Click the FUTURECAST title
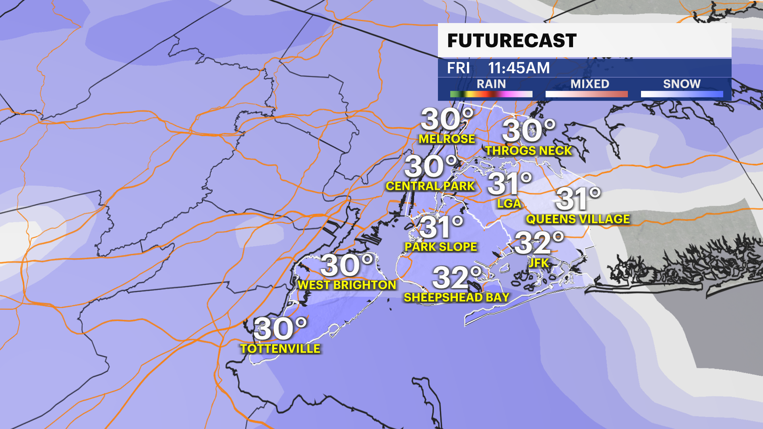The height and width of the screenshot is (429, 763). click(x=512, y=41)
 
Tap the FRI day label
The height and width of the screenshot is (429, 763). click(x=458, y=68)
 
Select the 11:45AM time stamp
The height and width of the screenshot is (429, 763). click(x=519, y=68)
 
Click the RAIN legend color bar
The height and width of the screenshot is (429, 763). click(x=491, y=94)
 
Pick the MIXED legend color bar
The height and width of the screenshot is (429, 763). click(x=587, y=94)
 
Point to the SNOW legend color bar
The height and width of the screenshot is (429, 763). click(x=682, y=94)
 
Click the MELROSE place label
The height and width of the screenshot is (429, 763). click(x=447, y=139)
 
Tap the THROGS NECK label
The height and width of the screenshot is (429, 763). click(x=529, y=151)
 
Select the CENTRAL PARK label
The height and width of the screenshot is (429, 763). click(x=430, y=186)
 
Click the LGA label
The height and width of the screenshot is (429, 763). click(x=509, y=204)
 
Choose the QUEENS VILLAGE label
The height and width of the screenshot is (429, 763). click(x=578, y=219)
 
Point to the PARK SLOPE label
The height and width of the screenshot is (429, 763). click(x=441, y=247)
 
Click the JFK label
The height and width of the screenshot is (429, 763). click(x=539, y=263)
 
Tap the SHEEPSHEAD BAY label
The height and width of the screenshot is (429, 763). click(x=457, y=297)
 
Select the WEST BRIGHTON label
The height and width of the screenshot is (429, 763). click(x=347, y=285)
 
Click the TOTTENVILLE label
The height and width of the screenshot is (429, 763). click(x=280, y=348)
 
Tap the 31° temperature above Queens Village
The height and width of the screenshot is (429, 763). click(x=578, y=199)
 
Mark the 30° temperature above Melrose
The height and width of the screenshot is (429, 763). click(x=447, y=119)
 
